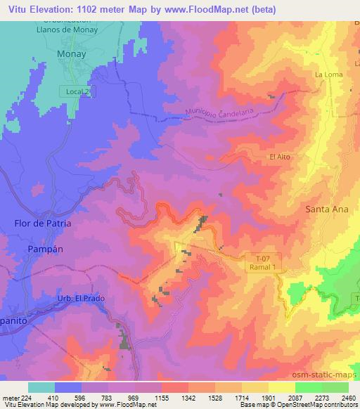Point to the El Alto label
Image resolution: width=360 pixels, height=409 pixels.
(279, 157)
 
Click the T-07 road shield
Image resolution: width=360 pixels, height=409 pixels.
(263, 258)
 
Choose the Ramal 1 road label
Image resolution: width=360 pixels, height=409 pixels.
(263, 268)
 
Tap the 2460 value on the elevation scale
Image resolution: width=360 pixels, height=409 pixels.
(348, 397)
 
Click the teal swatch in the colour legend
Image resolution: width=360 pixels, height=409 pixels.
(41, 387)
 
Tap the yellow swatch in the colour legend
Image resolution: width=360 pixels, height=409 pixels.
(281, 387)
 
